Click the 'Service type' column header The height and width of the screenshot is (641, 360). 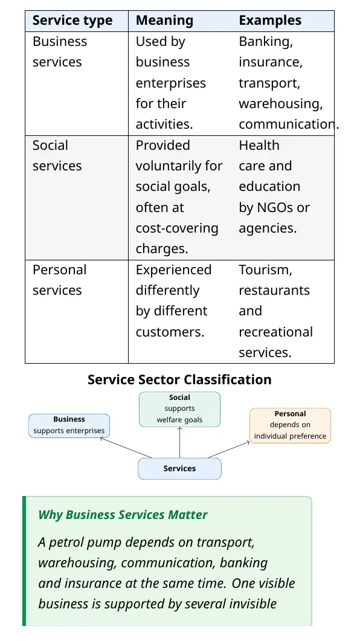tap(72, 21)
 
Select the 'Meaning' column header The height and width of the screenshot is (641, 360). tap(164, 21)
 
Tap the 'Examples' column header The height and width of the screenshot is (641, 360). tap(270, 21)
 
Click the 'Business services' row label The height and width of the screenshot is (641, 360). tap(60, 52)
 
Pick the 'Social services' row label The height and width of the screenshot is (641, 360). tap(57, 156)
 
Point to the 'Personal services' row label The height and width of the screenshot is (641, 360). tap(60, 280)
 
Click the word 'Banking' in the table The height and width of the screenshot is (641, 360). tap(266, 42)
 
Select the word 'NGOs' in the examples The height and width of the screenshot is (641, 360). tap(275, 208)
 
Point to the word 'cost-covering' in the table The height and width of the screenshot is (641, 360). tap(177, 228)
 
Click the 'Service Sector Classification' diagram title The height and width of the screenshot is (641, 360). tap(179, 379)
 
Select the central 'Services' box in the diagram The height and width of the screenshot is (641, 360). tap(180, 468)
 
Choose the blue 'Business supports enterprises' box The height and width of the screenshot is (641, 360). tap(69, 425)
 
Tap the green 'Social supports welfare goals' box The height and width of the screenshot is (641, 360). tap(180, 409)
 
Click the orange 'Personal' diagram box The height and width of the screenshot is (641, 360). tap(290, 425)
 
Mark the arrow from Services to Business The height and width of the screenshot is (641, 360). tap(126, 448)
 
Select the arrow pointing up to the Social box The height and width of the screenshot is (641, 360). tap(180, 442)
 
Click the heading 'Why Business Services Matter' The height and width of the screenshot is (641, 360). tap(123, 515)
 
